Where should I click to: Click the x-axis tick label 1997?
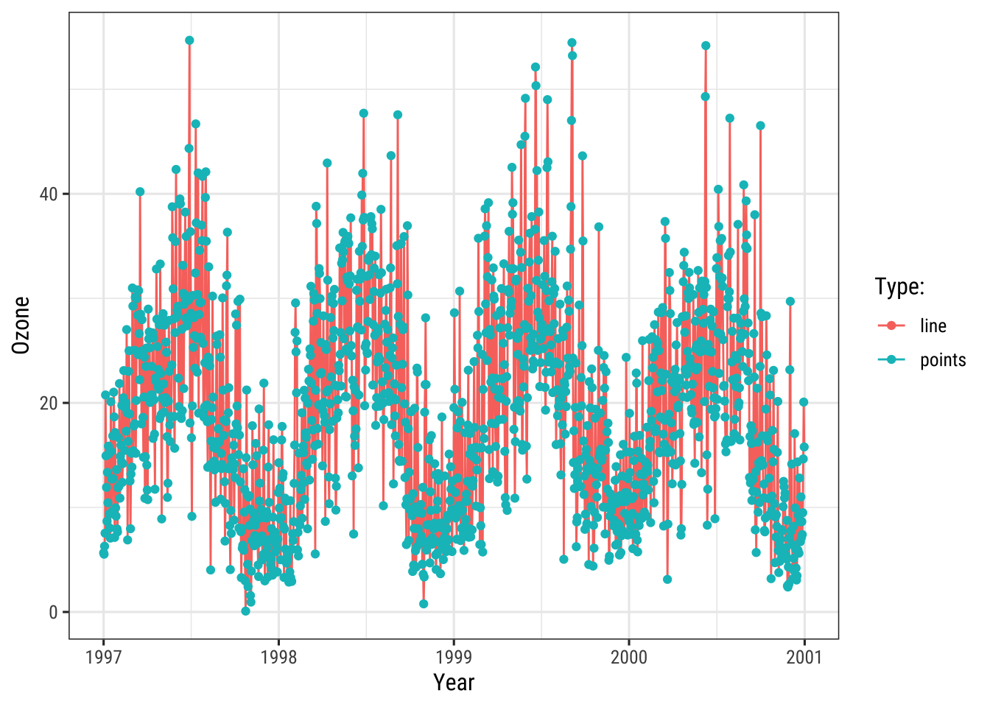point(103,656)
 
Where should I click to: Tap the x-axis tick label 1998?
point(278,656)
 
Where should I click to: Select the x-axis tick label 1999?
point(454,656)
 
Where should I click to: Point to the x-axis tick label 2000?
point(628,656)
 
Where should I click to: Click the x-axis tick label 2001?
point(804,656)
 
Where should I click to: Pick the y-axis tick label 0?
point(53,612)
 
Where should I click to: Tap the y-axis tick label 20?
point(49,403)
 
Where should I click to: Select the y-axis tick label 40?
point(49,194)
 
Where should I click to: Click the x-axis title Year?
point(454,683)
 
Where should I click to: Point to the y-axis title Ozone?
point(21,325)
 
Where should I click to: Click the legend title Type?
point(899,286)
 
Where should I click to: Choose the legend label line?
point(933,326)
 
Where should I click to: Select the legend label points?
point(943,359)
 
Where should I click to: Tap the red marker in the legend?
point(892,326)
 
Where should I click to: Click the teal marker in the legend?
point(892,359)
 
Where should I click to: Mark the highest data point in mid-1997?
point(189,41)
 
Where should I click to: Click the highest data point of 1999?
point(572,43)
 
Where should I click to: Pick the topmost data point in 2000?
point(706,46)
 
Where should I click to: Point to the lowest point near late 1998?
point(424,604)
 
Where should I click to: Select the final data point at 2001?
point(804,402)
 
